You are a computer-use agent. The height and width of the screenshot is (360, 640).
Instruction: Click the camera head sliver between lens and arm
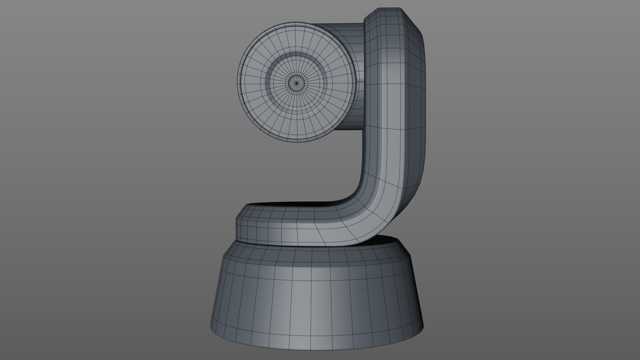click(358, 100)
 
